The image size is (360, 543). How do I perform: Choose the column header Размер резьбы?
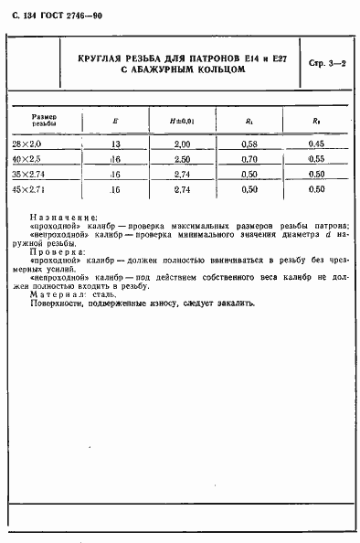tap(45, 120)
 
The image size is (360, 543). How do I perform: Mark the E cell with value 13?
tap(115, 143)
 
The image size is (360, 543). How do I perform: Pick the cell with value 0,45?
tap(317, 143)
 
